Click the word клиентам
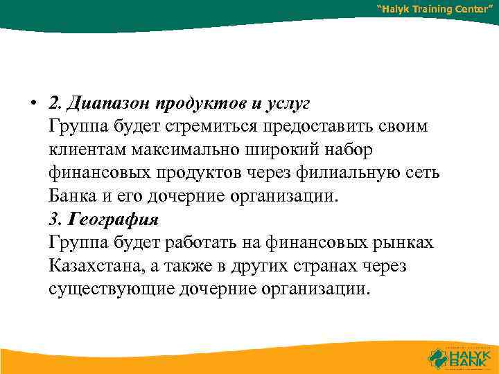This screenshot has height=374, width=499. pos(87,150)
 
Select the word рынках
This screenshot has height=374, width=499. pos(403,242)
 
